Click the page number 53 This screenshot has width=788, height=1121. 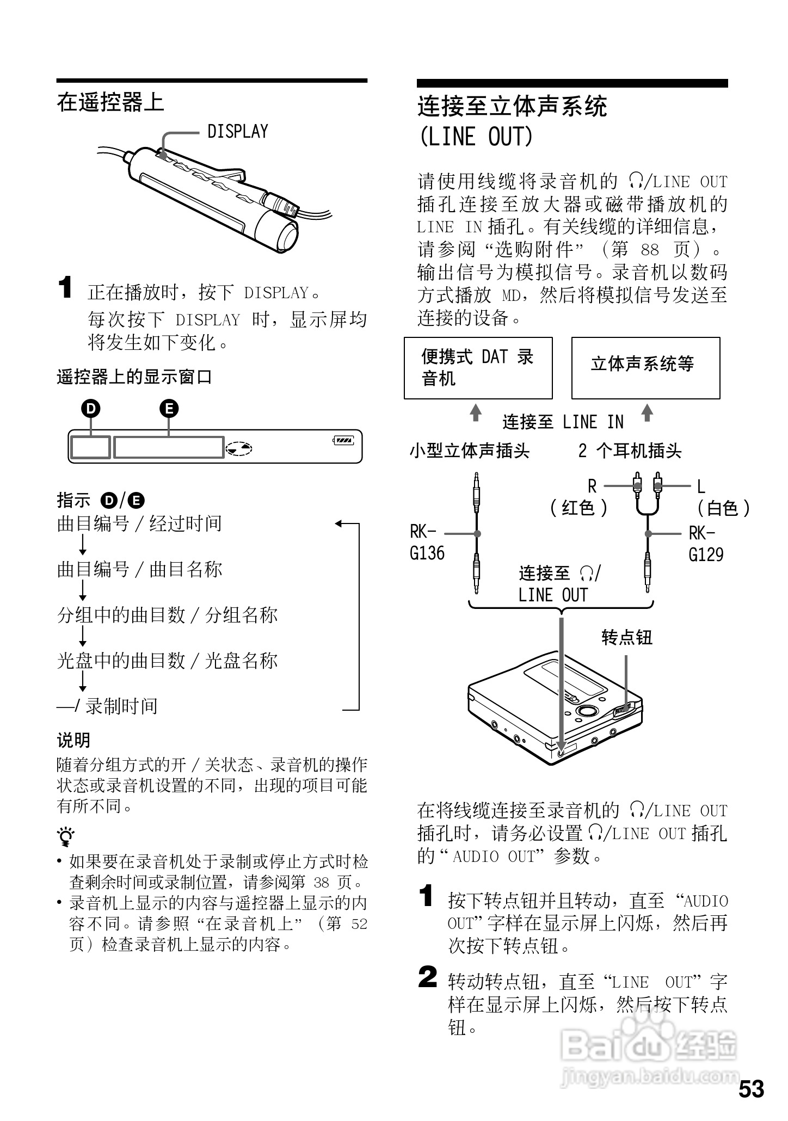751,1089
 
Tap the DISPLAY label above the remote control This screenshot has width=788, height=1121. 238,131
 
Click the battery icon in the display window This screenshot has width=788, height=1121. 343,440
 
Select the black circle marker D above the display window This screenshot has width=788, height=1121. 91,408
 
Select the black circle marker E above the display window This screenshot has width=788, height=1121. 169,408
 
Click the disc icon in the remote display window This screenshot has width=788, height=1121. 239,448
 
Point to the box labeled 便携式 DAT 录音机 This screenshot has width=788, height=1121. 478,368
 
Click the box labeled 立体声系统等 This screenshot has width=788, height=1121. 645,368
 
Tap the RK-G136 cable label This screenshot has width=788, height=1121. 427,543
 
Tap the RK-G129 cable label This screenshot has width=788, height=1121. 706,544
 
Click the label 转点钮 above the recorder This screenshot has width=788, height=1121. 627,637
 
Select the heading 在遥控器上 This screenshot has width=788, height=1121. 110,102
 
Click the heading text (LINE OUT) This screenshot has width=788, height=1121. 475,137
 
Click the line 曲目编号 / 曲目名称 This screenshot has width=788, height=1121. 140,569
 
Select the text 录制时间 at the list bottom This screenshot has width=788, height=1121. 121,706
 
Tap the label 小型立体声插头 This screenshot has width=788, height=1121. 470,451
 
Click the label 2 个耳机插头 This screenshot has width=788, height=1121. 630,451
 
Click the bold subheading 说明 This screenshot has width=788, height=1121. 73,740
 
